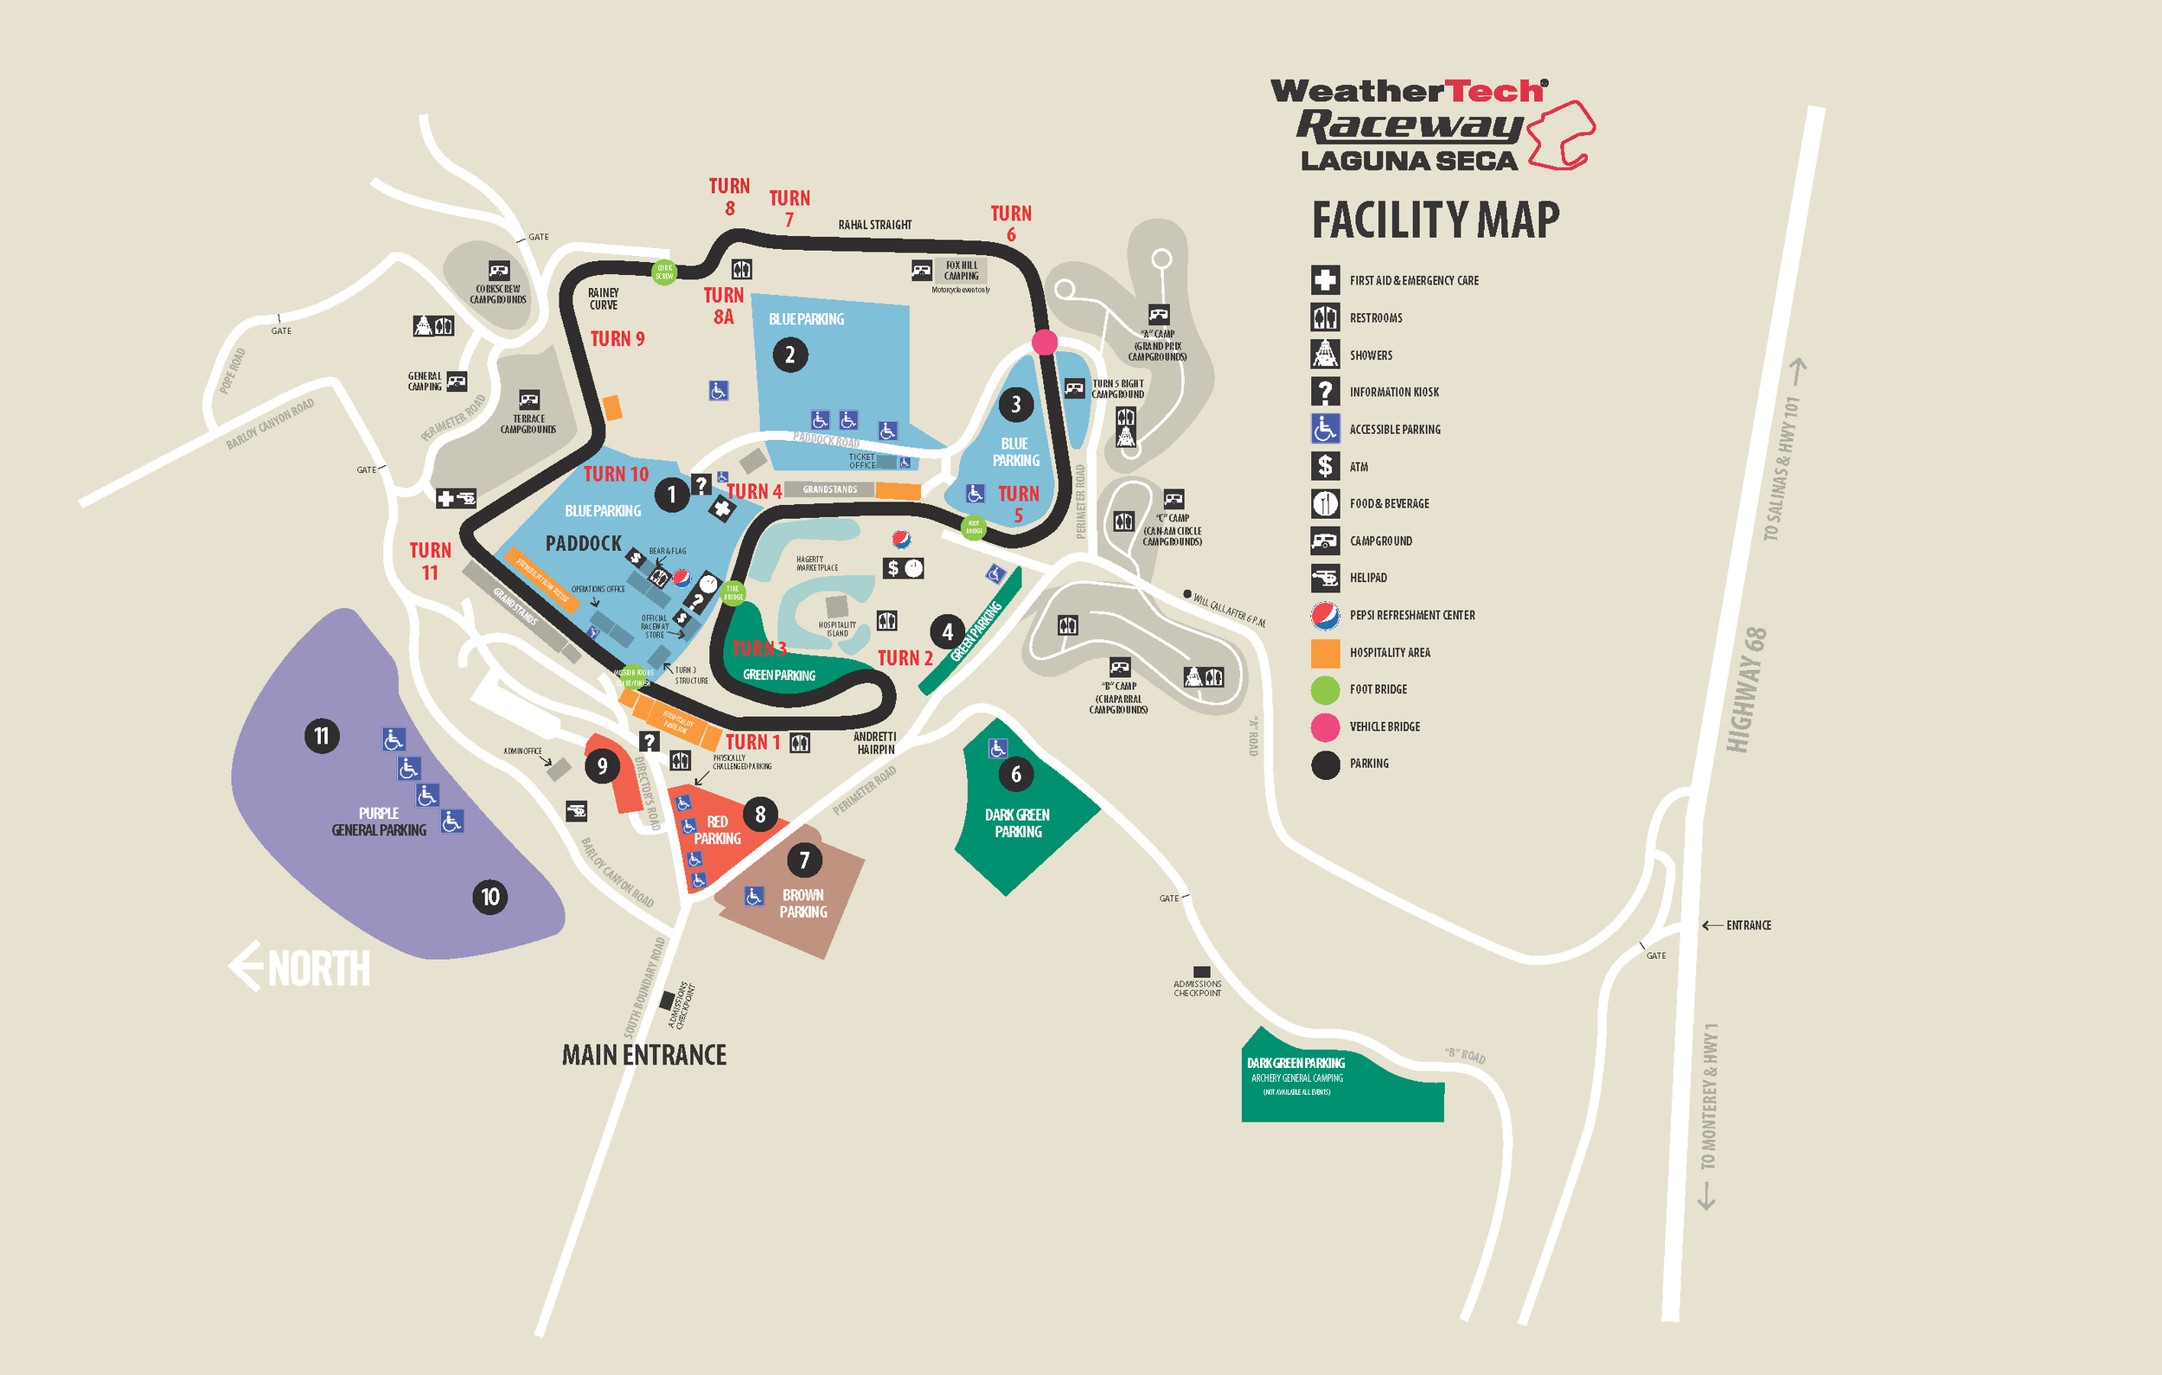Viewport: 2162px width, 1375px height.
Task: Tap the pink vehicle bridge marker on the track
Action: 1044,342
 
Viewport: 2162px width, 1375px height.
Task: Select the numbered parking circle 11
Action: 322,736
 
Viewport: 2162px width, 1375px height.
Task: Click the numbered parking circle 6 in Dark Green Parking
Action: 1015,774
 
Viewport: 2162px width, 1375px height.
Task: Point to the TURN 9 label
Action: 617,339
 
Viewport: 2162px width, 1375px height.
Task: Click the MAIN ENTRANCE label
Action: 643,1054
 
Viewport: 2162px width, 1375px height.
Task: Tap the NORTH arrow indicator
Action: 300,968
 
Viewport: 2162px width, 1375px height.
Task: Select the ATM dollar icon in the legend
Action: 1324,466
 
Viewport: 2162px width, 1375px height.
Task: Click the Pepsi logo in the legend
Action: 1324,615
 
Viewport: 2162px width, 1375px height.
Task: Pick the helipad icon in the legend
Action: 1324,578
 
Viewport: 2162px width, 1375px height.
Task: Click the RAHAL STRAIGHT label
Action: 874,225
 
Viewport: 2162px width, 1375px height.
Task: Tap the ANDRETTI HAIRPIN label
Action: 874,743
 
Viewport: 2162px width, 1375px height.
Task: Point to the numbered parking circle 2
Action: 790,355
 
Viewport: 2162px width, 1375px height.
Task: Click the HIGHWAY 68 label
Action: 1746,689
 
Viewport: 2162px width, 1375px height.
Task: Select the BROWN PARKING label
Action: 803,904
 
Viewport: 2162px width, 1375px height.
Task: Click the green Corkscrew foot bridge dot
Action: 664,272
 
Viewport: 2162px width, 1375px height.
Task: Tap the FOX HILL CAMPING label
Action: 961,271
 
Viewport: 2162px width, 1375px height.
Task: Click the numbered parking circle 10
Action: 489,896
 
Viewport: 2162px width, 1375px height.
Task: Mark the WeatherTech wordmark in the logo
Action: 1406,92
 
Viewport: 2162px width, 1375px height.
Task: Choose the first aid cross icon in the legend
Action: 1324,280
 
